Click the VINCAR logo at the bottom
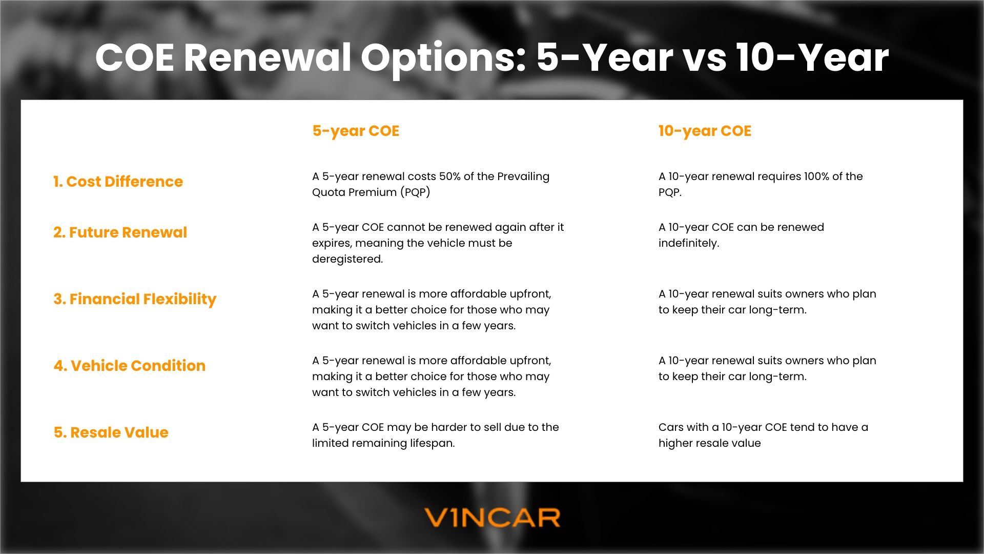point(492,518)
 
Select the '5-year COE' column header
point(356,131)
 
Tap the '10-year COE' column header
point(705,131)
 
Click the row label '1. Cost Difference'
point(118,182)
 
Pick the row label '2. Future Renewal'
point(120,232)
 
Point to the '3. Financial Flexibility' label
point(135,299)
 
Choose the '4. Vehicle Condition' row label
point(129,366)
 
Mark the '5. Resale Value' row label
point(111,432)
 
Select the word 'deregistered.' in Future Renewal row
point(347,259)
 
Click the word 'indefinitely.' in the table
point(689,243)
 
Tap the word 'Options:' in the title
point(443,57)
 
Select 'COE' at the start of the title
point(135,57)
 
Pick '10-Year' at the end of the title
point(812,57)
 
